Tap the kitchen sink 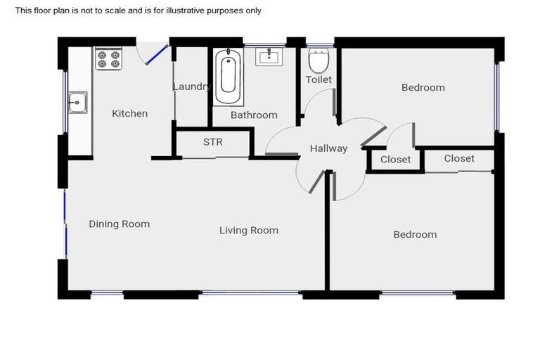[77, 104]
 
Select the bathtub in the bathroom [227, 77]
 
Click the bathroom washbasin [269, 56]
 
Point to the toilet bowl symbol [319, 61]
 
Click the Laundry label [191, 86]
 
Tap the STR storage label [212, 142]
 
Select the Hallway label [328, 148]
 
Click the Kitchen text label [130, 113]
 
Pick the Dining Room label [119, 224]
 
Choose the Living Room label [248, 230]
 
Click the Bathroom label [254, 115]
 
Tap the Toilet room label [319, 79]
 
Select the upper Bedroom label [423, 88]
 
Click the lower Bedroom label [414, 234]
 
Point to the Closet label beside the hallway [395, 160]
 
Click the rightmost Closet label [458, 158]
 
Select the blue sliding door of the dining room [65, 225]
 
